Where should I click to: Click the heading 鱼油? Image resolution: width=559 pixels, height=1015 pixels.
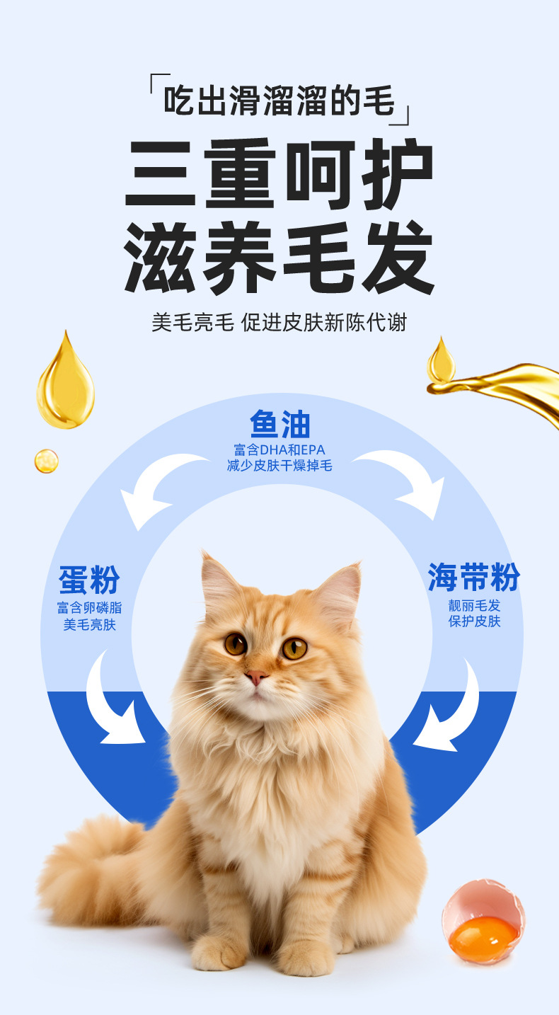tap(279, 425)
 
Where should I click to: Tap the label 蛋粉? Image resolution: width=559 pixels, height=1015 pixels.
tap(89, 581)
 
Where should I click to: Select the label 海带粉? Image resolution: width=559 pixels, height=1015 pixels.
tap(473, 578)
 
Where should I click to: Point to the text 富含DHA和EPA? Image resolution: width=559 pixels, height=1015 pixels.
tap(279, 450)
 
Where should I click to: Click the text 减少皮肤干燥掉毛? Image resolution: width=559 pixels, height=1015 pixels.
tap(279, 466)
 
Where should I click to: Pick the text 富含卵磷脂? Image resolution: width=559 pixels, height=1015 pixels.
tap(89, 608)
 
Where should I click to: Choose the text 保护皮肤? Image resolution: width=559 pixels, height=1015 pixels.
tap(474, 621)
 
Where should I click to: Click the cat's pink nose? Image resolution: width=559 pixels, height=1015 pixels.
tap(256, 677)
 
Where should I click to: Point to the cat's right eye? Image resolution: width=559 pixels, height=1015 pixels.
tap(294, 647)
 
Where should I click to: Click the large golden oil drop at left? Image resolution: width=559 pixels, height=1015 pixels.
tap(65, 386)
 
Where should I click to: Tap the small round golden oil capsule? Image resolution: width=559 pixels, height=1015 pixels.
tap(46, 461)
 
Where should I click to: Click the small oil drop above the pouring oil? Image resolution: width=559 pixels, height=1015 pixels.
tap(441, 362)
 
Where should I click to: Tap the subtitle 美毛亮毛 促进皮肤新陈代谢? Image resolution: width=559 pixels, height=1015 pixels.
tap(279, 322)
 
